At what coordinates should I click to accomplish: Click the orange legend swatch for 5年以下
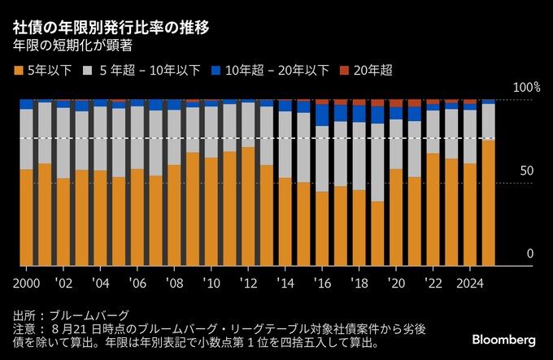pyautogui.click(x=20, y=70)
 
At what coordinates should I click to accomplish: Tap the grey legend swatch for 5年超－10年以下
pyautogui.click(x=86, y=70)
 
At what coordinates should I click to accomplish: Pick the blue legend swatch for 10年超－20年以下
pyautogui.click(x=216, y=70)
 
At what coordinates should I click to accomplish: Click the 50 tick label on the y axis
pyautogui.click(x=527, y=171)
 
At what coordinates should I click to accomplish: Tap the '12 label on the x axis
pyautogui.click(x=250, y=284)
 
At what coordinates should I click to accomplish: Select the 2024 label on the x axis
pyautogui.click(x=470, y=284)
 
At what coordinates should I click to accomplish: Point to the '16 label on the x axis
pyautogui.click(x=324, y=284)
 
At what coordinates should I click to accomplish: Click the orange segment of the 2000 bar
pyautogui.click(x=26, y=217)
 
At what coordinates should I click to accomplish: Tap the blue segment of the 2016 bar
pyautogui.click(x=322, y=115)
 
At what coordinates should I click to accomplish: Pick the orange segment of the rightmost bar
pyautogui.click(x=488, y=203)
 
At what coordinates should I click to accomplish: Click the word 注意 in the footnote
pyautogui.click(x=24, y=329)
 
